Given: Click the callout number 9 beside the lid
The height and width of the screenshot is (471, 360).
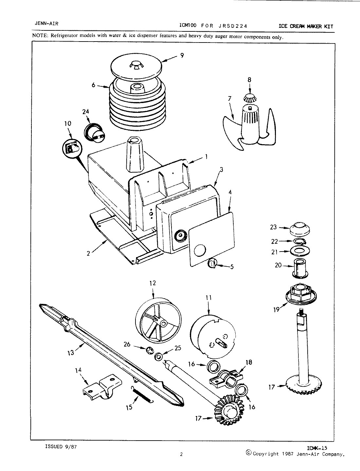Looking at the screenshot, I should pyautogui.click(x=182, y=56).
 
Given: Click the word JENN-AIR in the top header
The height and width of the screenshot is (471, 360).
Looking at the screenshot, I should pyautogui.click(x=46, y=23).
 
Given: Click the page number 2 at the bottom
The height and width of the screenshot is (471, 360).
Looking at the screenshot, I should pyautogui.click(x=181, y=454).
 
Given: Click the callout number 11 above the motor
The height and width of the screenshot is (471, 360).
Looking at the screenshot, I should pyautogui.click(x=209, y=298).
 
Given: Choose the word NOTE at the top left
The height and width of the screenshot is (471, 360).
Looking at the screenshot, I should pyautogui.click(x=39, y=36).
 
